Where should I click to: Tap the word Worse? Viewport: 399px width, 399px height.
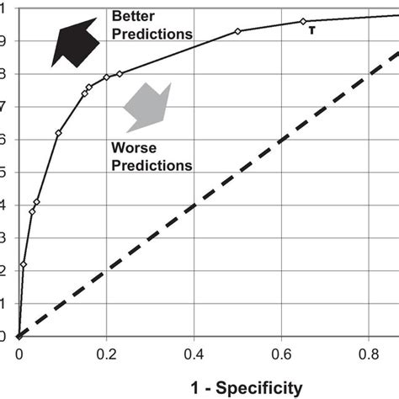point(130,147)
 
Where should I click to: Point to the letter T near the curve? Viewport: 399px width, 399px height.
point(312,31)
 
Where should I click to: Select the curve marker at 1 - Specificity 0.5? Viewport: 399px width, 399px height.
point(238,31)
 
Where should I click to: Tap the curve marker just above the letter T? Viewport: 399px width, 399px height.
point(304,21)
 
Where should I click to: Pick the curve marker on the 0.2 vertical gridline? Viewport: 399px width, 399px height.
point(106,77)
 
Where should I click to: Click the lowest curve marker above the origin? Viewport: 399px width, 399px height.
point(24,264)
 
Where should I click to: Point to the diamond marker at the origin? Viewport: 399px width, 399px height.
point(19,337)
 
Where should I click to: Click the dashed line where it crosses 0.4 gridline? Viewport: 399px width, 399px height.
point(194,205)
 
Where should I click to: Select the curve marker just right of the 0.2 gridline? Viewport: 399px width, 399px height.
point(120,74)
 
